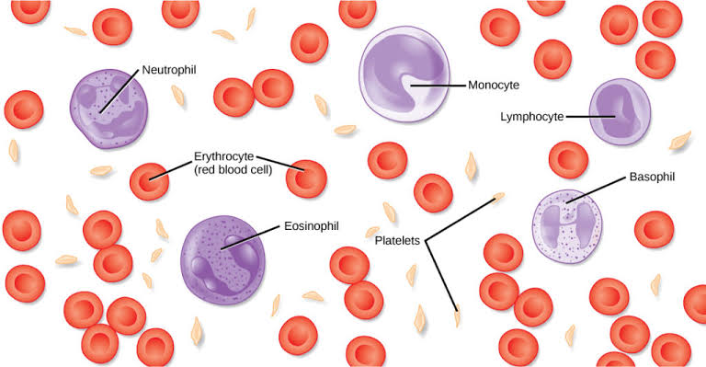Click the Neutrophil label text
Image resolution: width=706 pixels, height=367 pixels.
coord(169,69)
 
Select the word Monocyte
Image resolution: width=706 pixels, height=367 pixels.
coord(495,85)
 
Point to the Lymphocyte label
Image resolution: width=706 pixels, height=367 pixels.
coord(531,117)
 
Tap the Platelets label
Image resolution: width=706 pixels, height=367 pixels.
coord(397,240)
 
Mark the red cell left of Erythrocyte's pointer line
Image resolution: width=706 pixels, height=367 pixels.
coord(149,180)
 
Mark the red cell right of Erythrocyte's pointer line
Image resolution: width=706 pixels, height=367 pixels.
coord(306,177)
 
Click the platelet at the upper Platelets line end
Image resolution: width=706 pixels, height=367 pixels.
coord(498,196)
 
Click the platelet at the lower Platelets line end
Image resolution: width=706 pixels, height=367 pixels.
coord(458,319)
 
